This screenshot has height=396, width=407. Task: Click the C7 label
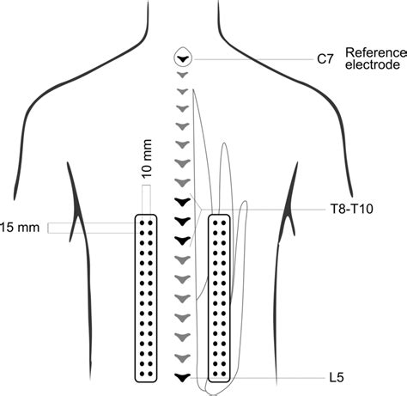(x=325, y=59)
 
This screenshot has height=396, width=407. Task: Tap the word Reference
(x=376, y=53)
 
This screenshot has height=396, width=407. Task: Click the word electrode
(x=373, y=64)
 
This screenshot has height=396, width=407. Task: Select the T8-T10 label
(x=352, y=209)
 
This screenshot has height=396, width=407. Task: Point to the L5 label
(x=337, y=378)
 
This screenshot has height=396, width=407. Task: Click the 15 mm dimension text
(x=20, y=228)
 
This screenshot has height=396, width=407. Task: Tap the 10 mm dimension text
(x=147, y=159)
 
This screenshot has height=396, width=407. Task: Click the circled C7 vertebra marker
(x=183, y=58)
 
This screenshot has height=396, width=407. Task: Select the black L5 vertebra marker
(x=183, y=377)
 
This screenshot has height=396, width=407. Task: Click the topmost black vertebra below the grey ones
(x=183, y=202)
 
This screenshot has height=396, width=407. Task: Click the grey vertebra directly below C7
(x=183, y=75)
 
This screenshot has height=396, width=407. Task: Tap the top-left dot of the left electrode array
(x=142, y=222)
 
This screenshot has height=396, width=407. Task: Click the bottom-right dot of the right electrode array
(x=224, y=374)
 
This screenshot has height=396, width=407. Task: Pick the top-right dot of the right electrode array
(x=224, y=222)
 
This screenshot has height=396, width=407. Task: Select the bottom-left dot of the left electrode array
(x=142, y=374)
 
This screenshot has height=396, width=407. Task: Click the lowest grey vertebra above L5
(x=183, y=358)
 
